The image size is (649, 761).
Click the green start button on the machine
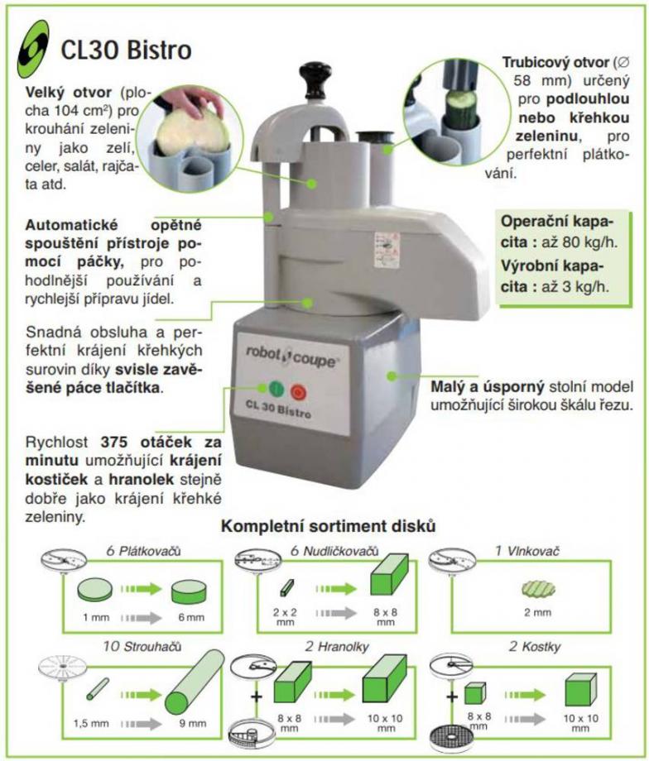276,388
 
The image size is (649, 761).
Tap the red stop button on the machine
298,391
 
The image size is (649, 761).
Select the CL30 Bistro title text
127,50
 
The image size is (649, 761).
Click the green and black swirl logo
33,49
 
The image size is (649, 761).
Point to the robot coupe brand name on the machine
291,357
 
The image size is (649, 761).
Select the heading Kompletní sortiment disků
329,526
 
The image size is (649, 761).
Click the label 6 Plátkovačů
144,552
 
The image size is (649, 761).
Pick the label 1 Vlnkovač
527,551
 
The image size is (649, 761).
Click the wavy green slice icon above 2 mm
538,589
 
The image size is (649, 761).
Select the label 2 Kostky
535,647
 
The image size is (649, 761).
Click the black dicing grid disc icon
451,738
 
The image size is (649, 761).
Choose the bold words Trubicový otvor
555,63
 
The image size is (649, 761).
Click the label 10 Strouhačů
142,647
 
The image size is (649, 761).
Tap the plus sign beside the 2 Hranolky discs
256,697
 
